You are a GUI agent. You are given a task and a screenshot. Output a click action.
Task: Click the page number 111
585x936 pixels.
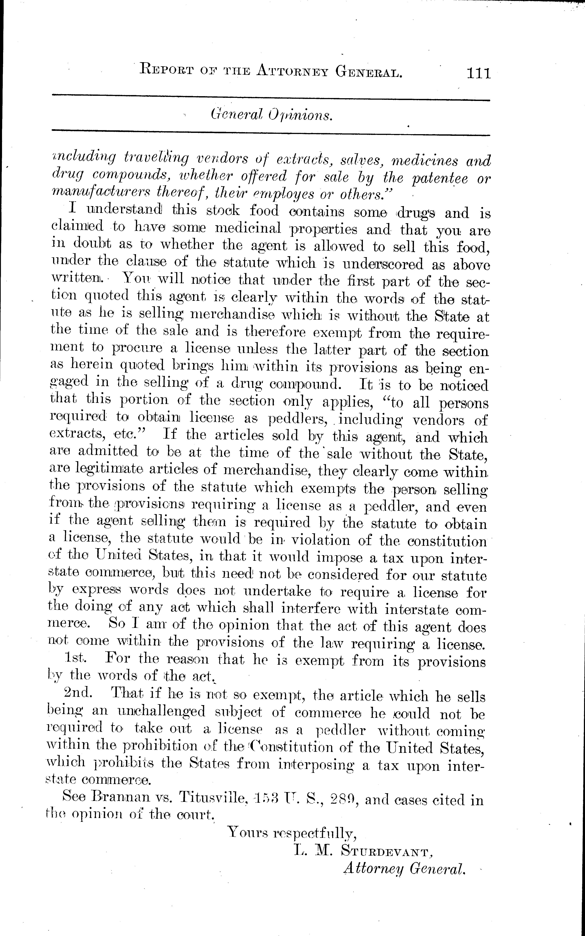click(x=479, y=73)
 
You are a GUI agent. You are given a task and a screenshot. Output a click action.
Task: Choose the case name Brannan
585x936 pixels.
click(x=118, y=798)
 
